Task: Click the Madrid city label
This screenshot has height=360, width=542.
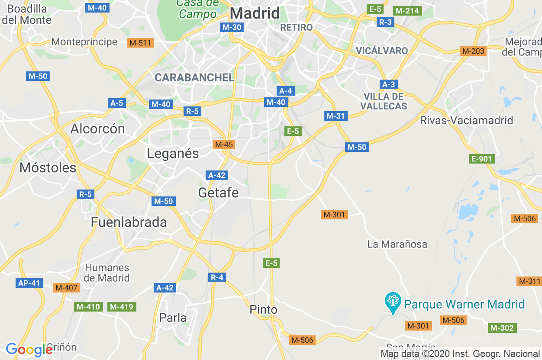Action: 255,13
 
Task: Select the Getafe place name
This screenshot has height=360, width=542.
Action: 218,193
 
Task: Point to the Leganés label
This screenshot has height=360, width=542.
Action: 173,154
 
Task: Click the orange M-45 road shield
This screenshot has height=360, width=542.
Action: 224,145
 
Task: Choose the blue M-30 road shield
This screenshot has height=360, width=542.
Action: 232,27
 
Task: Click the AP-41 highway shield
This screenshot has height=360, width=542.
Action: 29,283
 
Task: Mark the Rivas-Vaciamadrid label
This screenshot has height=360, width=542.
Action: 466,120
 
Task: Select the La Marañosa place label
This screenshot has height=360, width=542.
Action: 397,244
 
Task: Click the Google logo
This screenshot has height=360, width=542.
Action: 29,349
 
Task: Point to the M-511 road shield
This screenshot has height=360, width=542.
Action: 140,42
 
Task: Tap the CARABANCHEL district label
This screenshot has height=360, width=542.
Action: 194,77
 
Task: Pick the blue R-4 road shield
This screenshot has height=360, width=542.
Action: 217,277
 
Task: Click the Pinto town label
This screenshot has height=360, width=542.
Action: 263,309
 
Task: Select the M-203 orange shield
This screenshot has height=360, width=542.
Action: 473,51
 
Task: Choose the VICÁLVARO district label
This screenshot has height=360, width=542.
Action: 381,51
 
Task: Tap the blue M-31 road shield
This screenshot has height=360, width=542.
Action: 336,116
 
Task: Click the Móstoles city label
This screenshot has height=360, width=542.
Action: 48,168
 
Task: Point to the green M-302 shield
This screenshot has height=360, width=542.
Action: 501,328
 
